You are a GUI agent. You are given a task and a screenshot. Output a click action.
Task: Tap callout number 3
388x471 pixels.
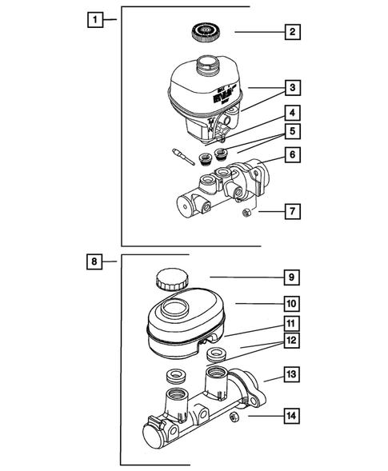(x=294, y=86)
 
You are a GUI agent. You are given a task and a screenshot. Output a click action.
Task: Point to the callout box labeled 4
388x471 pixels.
(x=294, y=113)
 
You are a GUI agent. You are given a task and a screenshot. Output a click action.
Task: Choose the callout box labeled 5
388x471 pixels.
(x=294, y=130)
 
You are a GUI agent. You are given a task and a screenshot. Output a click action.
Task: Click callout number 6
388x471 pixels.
(x=294, y=155)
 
